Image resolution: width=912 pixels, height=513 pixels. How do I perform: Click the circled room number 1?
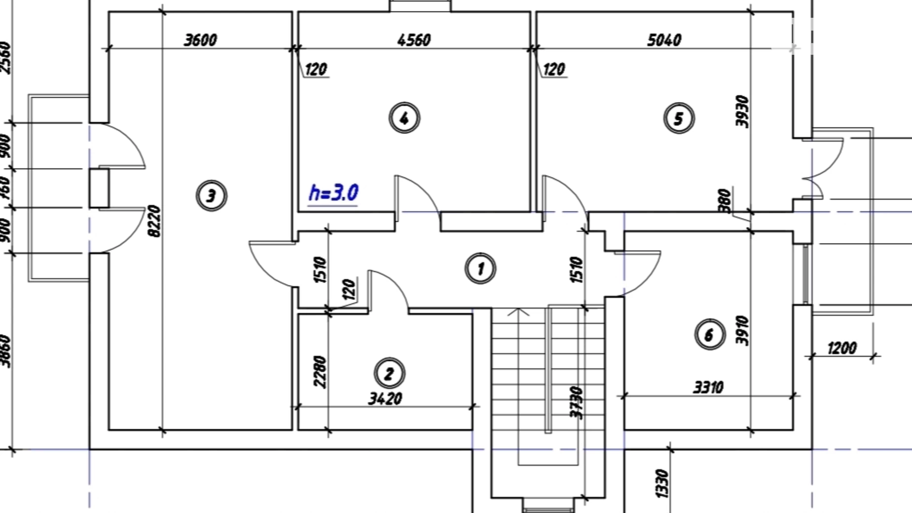pyautogui.click(x=481, y=269)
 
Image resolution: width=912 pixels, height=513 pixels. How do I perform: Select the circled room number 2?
pyautogui.click(x=389, y=373)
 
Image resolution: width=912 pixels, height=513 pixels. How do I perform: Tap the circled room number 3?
pyautogui.click(x=211, y=196)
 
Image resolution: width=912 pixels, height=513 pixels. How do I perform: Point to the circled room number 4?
pyautogui.click(x=404, y=118)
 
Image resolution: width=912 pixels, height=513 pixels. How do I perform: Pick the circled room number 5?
pyautogui.click(x=679, y=118)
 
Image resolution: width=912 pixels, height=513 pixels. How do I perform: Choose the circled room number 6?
pyautogui.click(x=709, y=334)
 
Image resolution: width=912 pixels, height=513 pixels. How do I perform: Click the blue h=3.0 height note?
pyautogui.click(x=333, y=193)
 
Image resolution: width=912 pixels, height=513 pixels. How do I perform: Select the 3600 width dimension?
pyautogui.click(x=200, y=40)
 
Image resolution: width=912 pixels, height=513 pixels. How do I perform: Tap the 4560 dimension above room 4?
pyautogui.click(x=414, y=40)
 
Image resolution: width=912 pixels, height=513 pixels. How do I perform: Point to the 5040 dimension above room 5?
pyautogui.click(x=664, y=40)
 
